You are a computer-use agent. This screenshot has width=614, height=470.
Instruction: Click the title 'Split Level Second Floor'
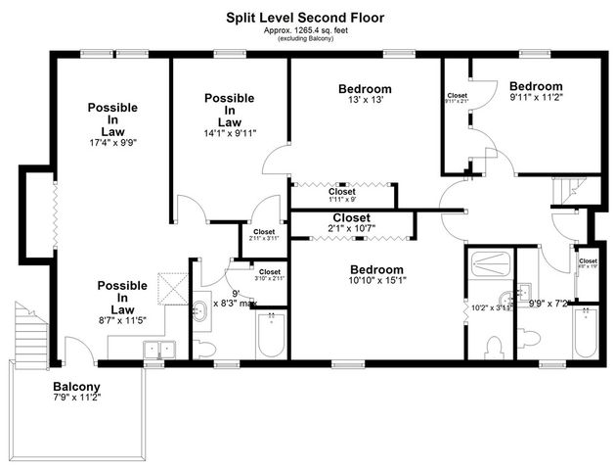pyautogui.click(x=306, y=17)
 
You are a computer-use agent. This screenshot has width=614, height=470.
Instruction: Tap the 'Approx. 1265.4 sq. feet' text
pyautogui.click(x=306, y=30)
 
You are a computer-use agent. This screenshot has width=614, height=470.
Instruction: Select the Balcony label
pyautogui.click(x=77, y=386)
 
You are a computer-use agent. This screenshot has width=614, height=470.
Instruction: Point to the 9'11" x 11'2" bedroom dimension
pyautogui.click(x=536, y=98)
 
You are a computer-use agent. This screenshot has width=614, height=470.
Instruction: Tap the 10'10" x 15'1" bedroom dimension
pyautogui.click(x=375, y=282)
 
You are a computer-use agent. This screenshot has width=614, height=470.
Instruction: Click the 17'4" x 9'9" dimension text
pyautogui.click(x=112, y=142)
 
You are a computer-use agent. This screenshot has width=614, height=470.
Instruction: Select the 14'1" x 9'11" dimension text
pyautogui.click(x=230, y=133)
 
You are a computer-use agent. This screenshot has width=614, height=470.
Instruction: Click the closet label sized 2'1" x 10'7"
pyautogui.click(x=351, y=229)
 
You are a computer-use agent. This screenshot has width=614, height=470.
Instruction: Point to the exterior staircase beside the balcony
pyautogui.click(x=29, y=333)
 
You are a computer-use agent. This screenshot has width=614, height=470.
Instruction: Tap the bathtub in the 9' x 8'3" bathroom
pyautogui.click(x=270, y=335)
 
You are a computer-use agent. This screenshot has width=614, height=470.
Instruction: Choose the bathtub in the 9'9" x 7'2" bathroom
pyautogui.click(x=585, y=333)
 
